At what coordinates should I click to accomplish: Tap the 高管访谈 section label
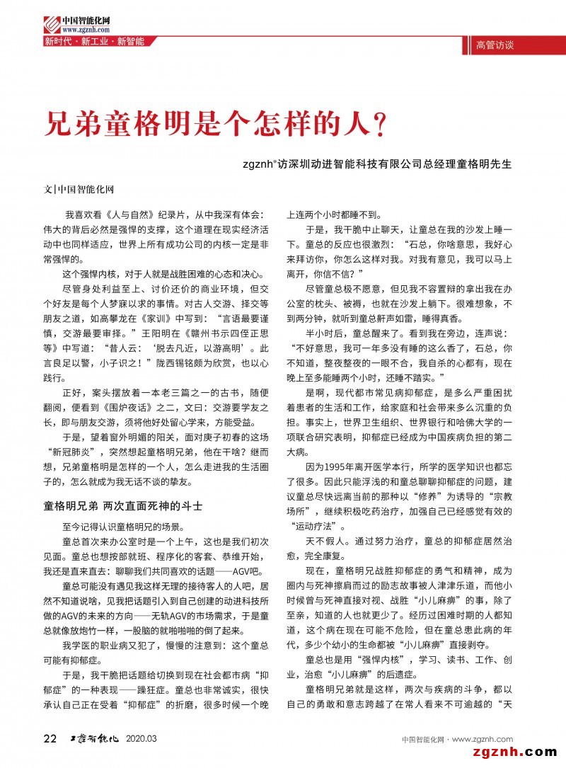pos(495,45)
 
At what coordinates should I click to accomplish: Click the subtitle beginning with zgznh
pos(376,163)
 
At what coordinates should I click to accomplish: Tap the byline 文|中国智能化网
pos(79,190)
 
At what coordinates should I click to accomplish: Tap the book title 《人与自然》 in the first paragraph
pos(120,214)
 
